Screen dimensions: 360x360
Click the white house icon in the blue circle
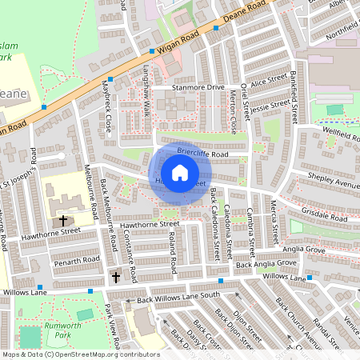180,172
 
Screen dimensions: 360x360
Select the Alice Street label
268,80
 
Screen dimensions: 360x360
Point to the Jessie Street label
270,105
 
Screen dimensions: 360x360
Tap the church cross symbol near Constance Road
116,277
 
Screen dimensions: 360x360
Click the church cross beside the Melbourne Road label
62,220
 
